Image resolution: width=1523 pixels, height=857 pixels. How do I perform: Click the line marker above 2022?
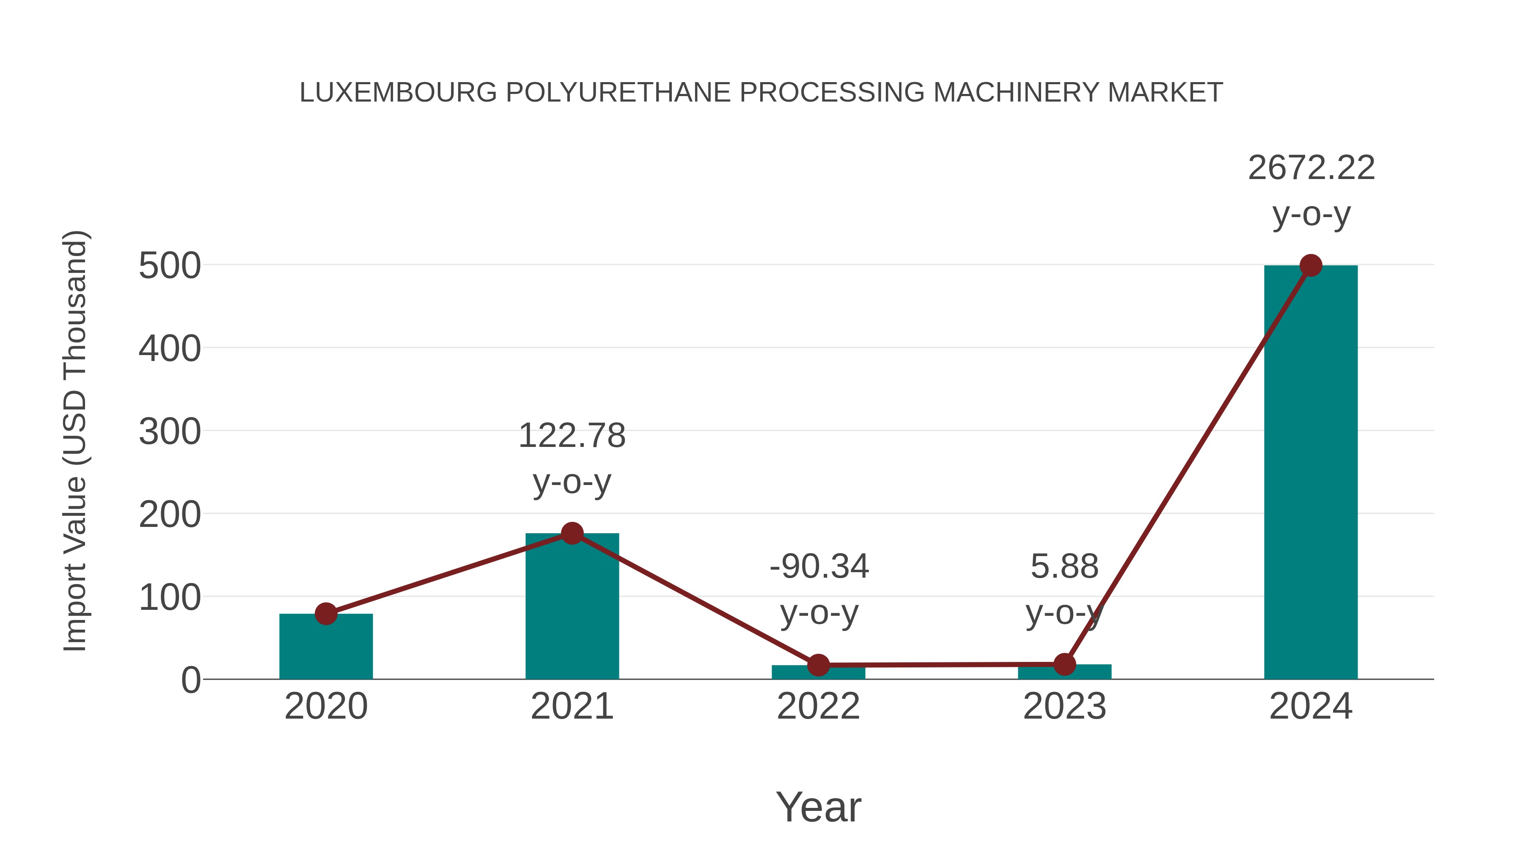(x=818, y=665)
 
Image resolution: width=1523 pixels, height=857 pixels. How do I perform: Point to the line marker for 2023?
(x=1064, y=664)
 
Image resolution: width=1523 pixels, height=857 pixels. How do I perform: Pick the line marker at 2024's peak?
(x=1311, y=265)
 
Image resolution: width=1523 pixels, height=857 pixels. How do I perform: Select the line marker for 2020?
(x=326, y=614)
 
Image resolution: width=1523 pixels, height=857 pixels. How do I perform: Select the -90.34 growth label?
(x=819, y=567)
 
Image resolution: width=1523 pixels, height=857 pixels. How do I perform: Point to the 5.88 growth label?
(x=1064, y=567)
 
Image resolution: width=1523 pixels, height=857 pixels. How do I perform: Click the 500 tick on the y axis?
(x=170, y=266)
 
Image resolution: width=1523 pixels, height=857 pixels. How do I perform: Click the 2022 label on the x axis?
(x=818, y=706)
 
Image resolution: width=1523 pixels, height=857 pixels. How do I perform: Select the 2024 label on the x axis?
(x=1311, y=706)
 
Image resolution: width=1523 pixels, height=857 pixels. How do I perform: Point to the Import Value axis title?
(x=76, y=441)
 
